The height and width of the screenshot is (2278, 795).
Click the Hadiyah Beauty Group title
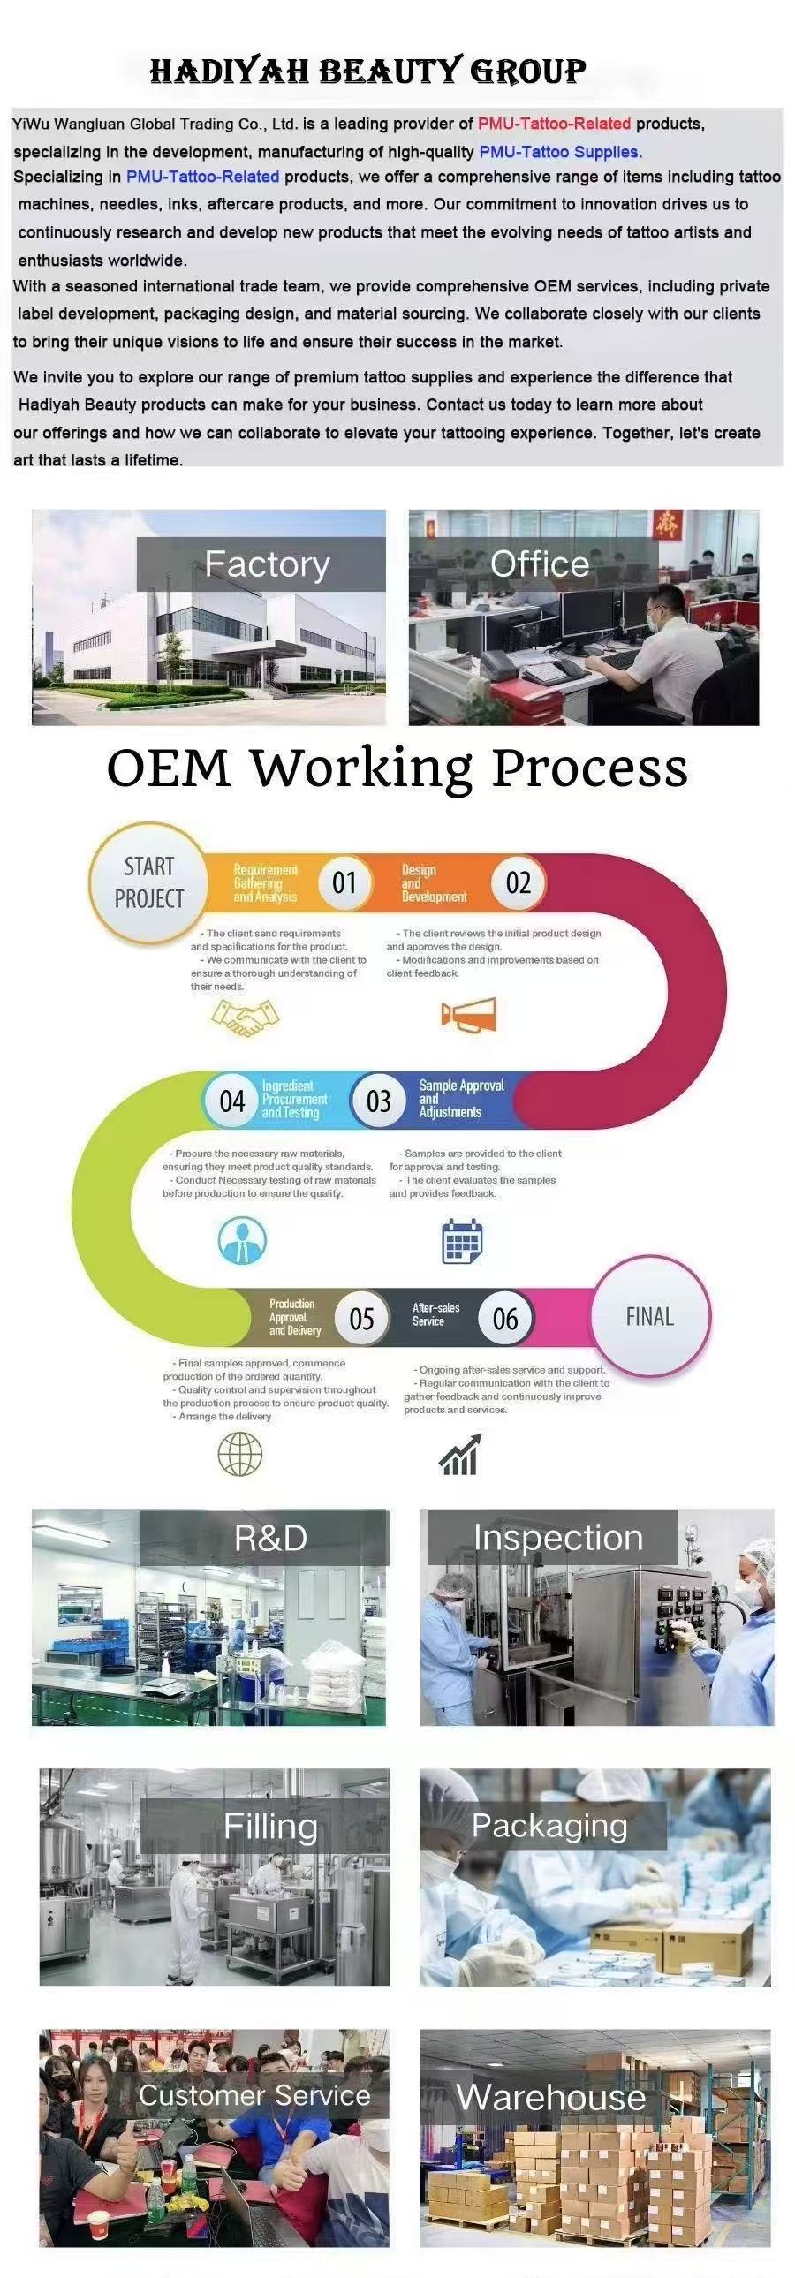[x=367, y=71]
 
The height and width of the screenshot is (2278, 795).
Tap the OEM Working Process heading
[x=397, y=768]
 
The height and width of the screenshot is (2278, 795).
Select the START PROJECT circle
[x=148, y=882]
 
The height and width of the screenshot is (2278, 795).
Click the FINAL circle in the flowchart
[x=650, y=1317]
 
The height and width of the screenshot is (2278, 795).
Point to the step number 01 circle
[x=344, y=882]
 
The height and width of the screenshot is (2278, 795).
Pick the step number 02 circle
[x=519, y=882]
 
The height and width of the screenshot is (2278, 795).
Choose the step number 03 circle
[x=378, y=1101]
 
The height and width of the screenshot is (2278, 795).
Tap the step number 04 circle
[x=231, y=1101]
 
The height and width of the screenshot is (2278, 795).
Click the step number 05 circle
[x=361, y=1320]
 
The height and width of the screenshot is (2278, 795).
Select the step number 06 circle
[x=505, y=1320]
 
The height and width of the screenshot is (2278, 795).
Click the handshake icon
[x=245, y=1018]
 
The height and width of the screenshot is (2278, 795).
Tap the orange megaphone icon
[x=469, y=1015]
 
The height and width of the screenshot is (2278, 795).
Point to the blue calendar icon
[x=462, y=1242]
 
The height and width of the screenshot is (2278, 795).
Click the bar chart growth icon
[x=460, y=1455]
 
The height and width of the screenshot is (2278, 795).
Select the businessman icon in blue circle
[x=242, y=1240]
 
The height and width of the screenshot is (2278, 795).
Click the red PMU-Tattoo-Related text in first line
[x=555, y=124]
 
